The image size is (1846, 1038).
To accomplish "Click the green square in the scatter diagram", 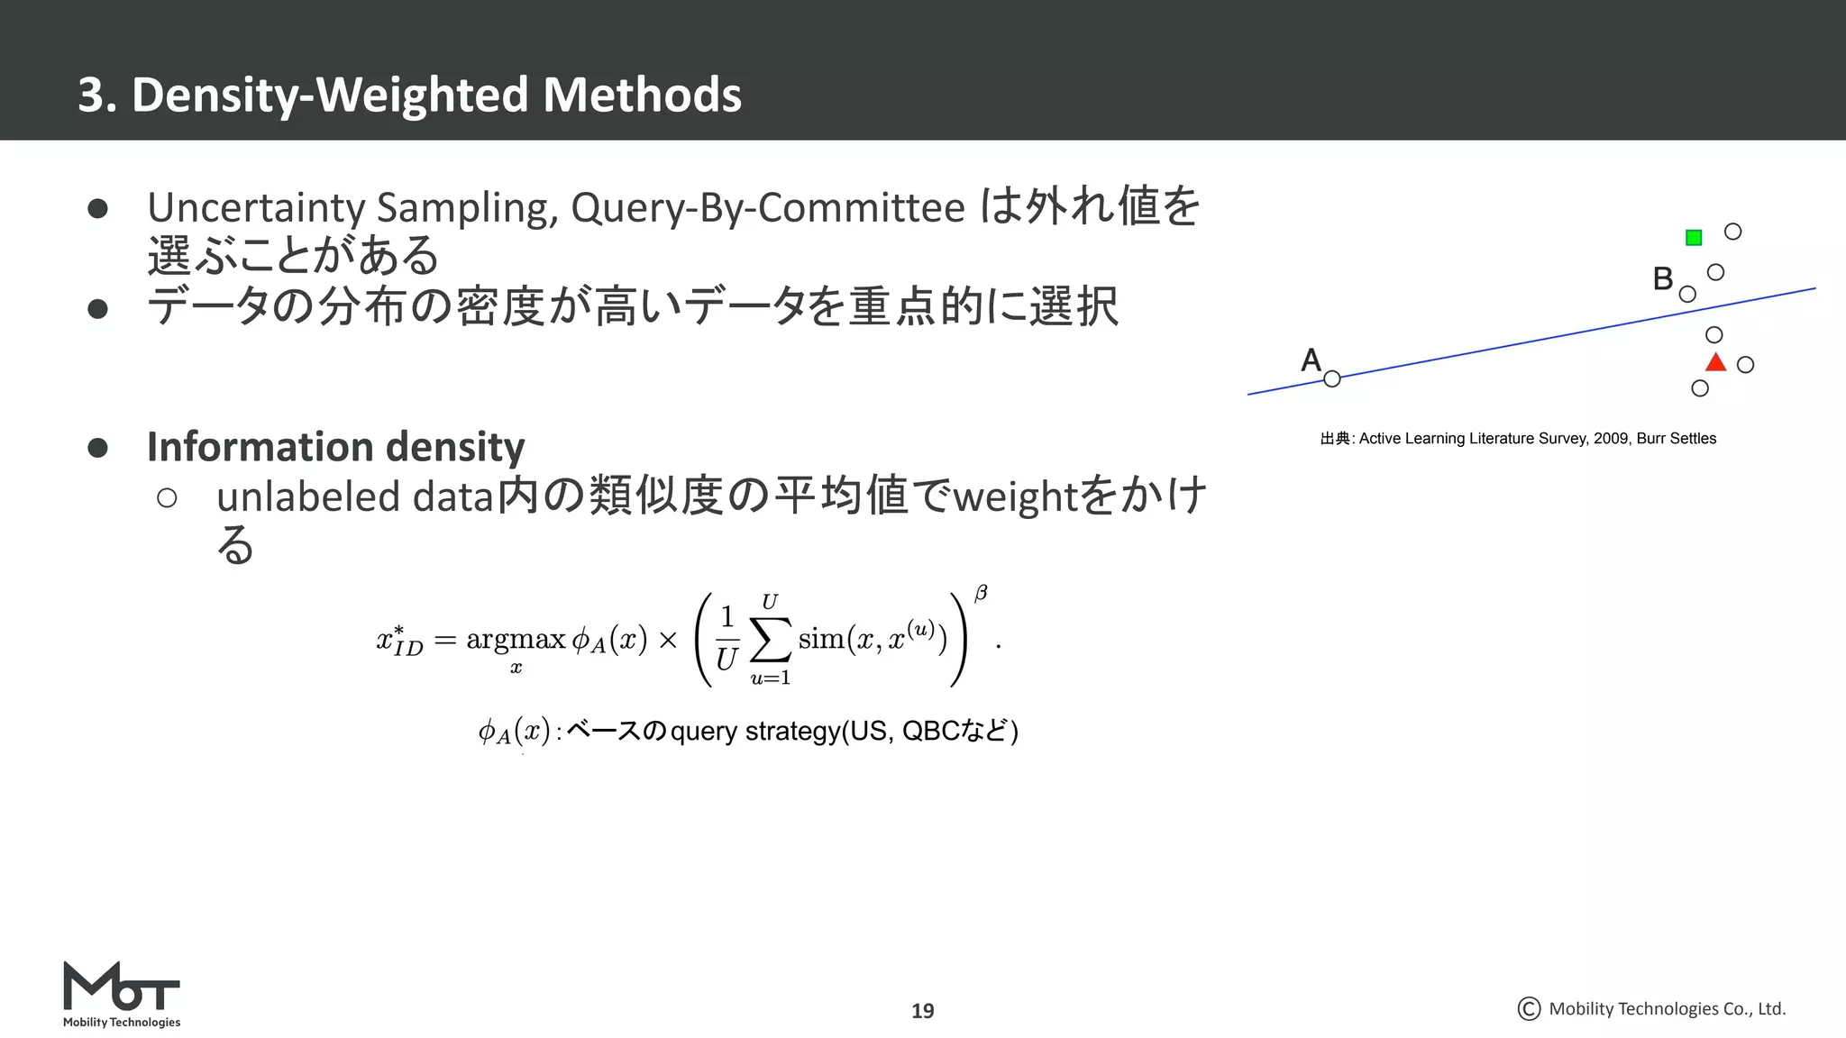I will tap(1694, 238).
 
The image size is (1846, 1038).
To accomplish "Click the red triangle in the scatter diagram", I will tap(1715, 363).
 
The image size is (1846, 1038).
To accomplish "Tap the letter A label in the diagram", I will tap(1311, 360).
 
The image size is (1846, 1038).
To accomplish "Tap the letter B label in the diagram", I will tap(1663, 278).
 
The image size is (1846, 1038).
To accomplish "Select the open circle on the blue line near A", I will tap(1332, 379).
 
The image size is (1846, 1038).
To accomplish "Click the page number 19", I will tap(922, 1011).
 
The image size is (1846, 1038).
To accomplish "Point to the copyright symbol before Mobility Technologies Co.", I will tap(1529, 1008).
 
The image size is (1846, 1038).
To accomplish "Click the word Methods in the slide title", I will tap(642, 95).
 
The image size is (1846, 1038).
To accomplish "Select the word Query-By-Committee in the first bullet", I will tap(768, 207).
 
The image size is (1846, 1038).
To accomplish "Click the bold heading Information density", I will tap(335, 447).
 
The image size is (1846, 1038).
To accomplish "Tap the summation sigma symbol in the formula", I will tap(771, 639).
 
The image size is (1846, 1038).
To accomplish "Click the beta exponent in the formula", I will tap(981, 593).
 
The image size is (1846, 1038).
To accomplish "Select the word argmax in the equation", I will tap(516, 639).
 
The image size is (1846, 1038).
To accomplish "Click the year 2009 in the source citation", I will tap(1611, 439).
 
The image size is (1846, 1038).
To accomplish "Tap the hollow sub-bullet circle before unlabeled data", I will tap(167, 498).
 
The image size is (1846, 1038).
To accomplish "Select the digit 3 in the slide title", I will tap(89, 95).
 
